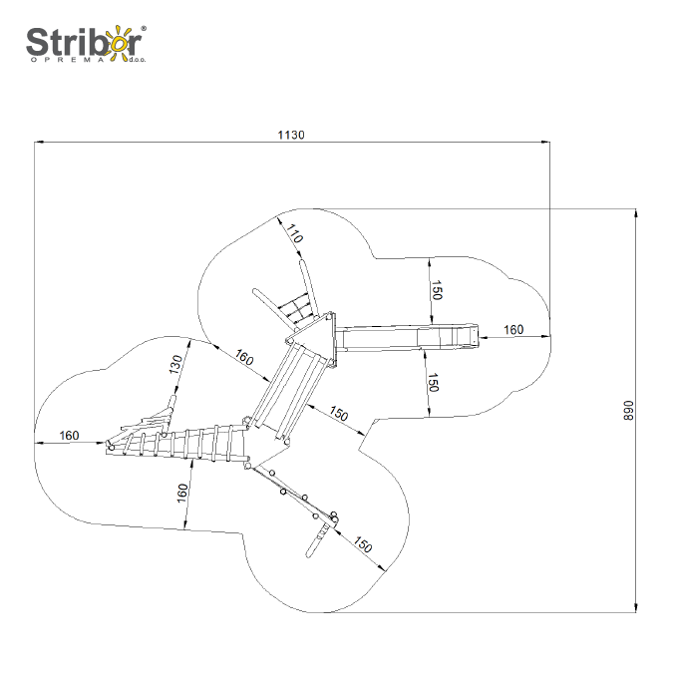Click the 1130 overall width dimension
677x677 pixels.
tap(291, 135)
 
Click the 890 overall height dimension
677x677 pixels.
tap(628, 411)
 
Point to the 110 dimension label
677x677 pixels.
tap(294, 236)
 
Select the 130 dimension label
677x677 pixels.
tap(176, 365)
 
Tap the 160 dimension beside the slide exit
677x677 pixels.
tap(512, 329)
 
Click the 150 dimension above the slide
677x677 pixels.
tap(436, 289)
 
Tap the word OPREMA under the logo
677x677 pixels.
tap(74, 62)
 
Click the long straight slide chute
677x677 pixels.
tap(409, 335)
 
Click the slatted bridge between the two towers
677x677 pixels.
tap(290, 388)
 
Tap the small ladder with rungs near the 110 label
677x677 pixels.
tap(296, 308)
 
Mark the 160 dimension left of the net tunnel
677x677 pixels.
tap(69, 435)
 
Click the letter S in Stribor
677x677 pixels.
tap(36, 43)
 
